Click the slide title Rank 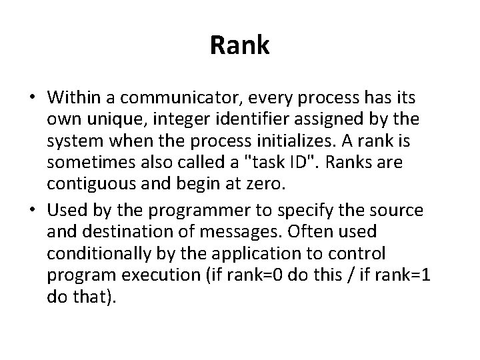(240, 45)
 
